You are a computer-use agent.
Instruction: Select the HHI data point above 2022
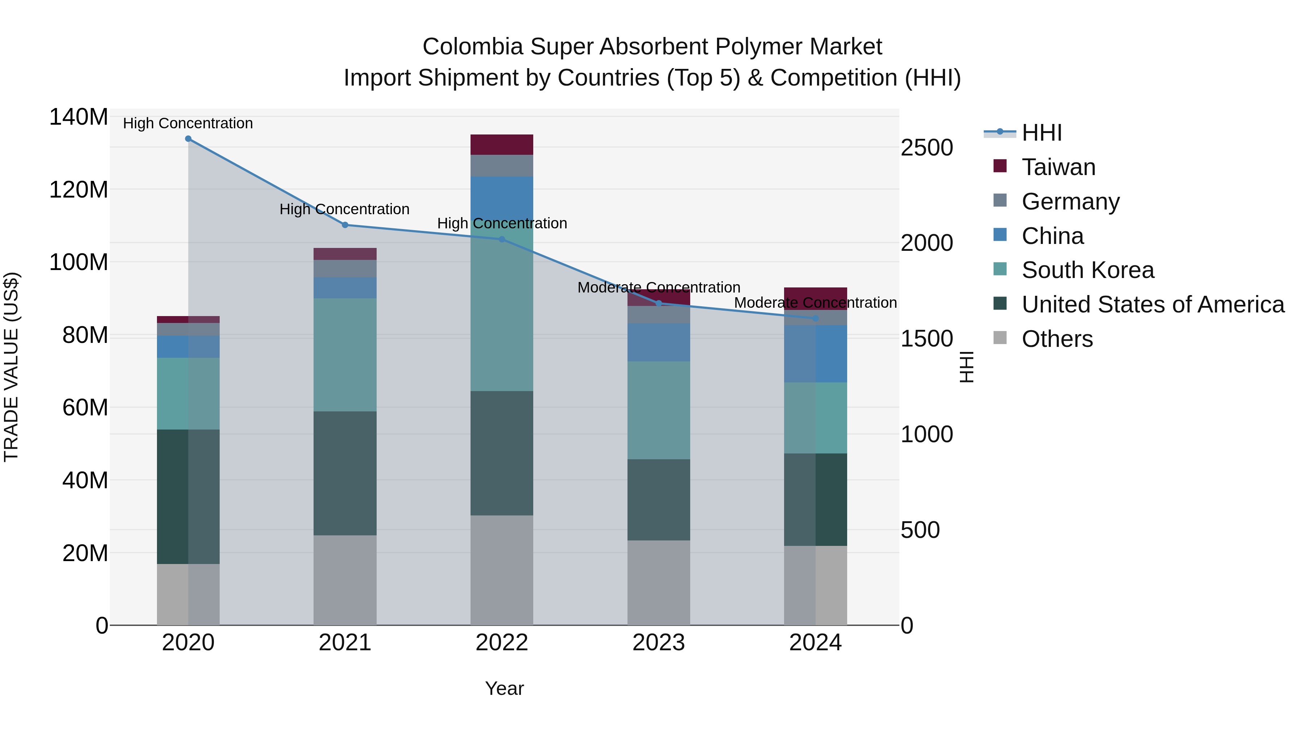pos(502,239)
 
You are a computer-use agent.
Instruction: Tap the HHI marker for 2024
pos(815,319)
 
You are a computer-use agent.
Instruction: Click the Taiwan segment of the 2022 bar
pos(502,145)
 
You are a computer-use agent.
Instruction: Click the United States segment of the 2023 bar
pos(659,499)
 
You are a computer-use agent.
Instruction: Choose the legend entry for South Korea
pos(1087,270)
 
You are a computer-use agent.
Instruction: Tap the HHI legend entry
pos(1041,133)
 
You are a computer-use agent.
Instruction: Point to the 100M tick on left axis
pos(79,262)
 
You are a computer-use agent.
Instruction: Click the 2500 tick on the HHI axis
pos(927,148)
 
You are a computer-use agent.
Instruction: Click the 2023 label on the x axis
pos(659,643)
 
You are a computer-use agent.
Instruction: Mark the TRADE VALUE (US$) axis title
pos(11,367)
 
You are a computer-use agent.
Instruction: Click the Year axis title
pos(504,688)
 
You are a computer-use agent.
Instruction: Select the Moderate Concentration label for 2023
pos(659,288)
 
